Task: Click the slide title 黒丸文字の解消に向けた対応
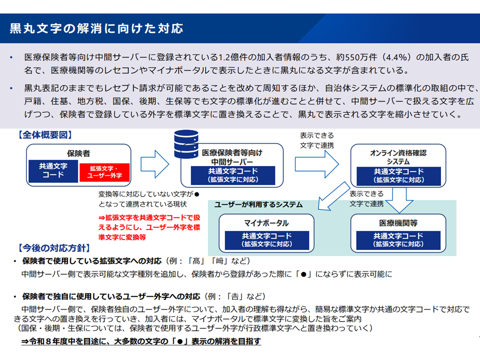(x=96, y=28)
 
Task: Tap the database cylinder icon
(x=186, y=144)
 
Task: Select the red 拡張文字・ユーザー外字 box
(x=104, y=172)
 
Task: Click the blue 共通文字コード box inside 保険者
(x=53, y=171)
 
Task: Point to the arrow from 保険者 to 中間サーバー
(x=154, y=164)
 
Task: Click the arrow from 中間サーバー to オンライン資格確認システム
(x=317, y=164)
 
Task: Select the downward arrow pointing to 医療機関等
(x=399, y=200)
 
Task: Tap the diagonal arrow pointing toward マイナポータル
(x=333, y=196)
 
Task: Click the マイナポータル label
(x=266, y=223)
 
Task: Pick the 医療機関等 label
(x=398, y=223)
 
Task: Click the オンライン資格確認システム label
(x=398, y=157)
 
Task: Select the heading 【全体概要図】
(x=45, y=135)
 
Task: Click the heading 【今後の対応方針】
(x=54, y=248)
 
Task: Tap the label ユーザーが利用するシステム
(x=258, y=205)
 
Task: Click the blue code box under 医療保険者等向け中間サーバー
(x=233, y=175)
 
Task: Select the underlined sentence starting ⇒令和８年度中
(x=141, y=341)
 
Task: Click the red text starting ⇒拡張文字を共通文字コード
(x=149, y=227)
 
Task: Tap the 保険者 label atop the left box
(x=78, y=153)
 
